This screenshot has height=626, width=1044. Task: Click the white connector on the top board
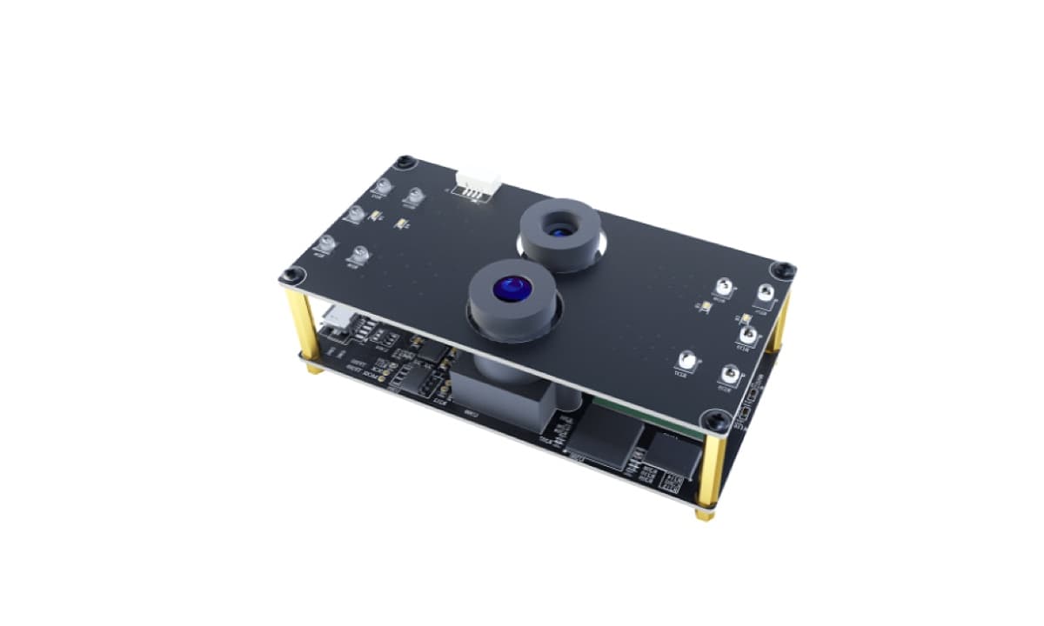tap(478, 183)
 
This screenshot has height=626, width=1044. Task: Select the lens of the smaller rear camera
tap(559, 229)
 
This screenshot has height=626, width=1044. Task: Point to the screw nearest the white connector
tap(404, 162)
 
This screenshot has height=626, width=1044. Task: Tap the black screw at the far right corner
tap(782, 270)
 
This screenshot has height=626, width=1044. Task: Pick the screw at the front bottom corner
tap(717, 423)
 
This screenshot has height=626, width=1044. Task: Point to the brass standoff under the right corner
tap(779, 323)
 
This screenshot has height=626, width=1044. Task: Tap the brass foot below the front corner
tap(703, 514)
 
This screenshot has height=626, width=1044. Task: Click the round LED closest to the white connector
tap(413, 197)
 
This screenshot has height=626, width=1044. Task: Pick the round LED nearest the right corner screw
tap(765, 294)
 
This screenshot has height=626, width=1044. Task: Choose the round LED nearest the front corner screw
tap(727, 376)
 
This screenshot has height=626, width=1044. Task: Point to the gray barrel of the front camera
tap(512, 313)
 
